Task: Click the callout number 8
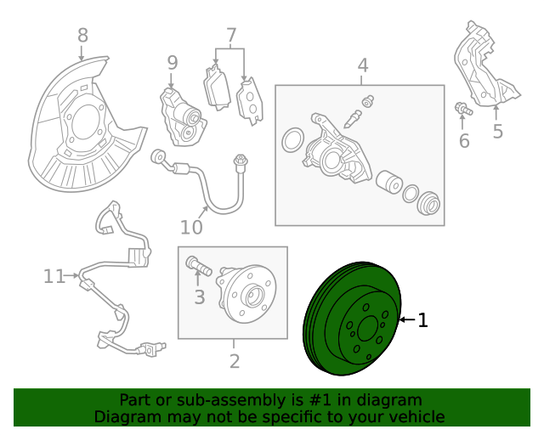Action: pyautogui.click(x=82, y=36)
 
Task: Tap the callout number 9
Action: pyautogui.click(x=173, y=62)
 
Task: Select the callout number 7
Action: pyautogui.click(x=230, y=36)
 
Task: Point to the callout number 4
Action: pyautogui.click(x=362, y=65)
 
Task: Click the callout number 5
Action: pyautogui.click(x=498, y=131)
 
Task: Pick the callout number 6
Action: pyautogui.click(x=464, y=141)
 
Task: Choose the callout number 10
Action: pyautogui.click(x=191, y=227)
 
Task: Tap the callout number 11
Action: pyautogui.click(x=54, y=276)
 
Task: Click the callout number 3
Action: pyautogui.click(x=200, y=297)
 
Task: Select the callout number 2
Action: pyautogui.click(x=235, y=361)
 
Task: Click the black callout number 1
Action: pyautogui.click(x=422, y=320)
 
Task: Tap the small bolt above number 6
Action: pyautogui.click(x=462, y=109)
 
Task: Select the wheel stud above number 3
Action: pyautogui.click(x=197, y=267)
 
